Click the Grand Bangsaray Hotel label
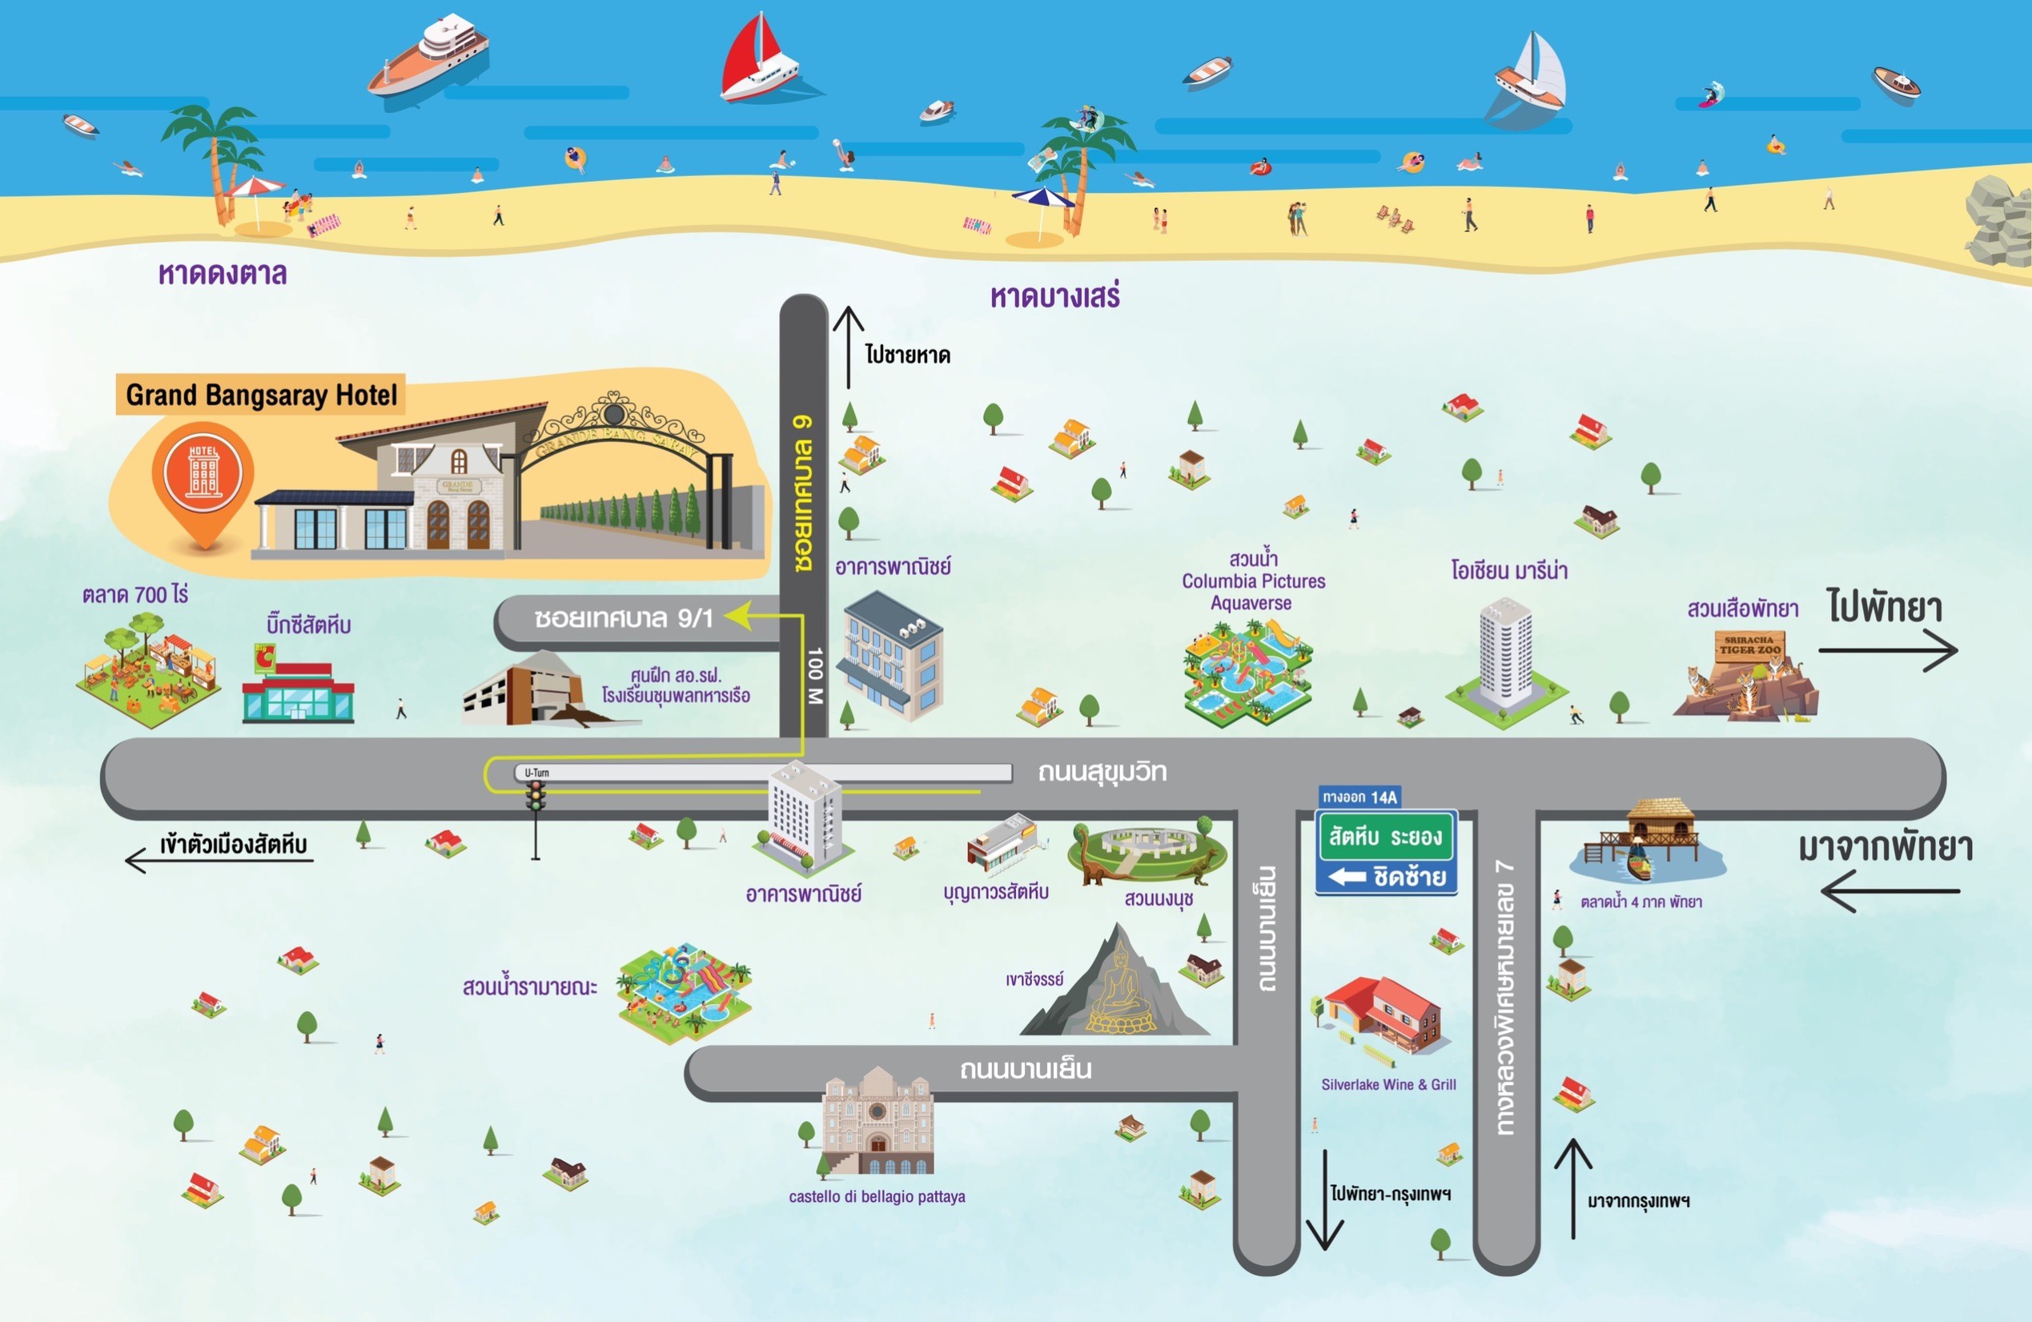[260, 395]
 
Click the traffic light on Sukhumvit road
[536, 796]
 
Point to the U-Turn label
[536, 773]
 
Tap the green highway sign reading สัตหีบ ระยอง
[1385, 836]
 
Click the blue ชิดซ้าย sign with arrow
[1385, 877]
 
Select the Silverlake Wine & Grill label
[1388, 1085]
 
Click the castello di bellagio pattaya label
[877, 1196]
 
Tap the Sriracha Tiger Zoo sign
[1749, 645]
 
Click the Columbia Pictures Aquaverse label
[1252, 581]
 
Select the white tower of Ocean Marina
[1505, 653]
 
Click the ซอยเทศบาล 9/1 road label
[623, 618]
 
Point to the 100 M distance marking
[815, 675]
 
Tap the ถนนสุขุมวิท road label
[1102, 772]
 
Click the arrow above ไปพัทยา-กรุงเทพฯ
[1324, 1199]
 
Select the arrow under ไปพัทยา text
[1888, 650]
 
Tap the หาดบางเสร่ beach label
[1054, 296]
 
